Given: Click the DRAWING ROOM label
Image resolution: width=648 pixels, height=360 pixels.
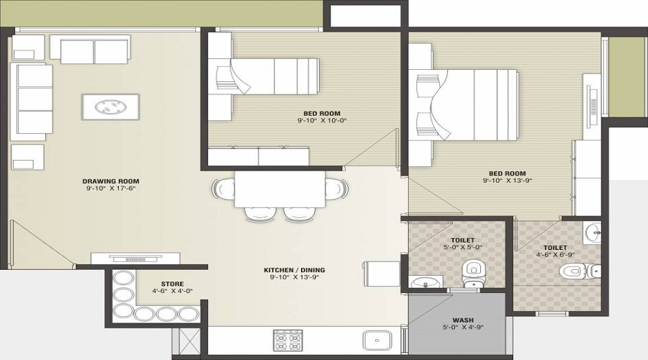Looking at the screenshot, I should [x=110, y=181].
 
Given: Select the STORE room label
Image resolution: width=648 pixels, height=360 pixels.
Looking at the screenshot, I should [x=172, y=284].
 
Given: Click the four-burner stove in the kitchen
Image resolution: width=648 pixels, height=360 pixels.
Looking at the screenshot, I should [x=288, y=340].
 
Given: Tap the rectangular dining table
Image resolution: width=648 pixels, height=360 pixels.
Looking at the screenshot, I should [x=280, y=189].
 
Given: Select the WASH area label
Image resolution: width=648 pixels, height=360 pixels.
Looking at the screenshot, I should [x=462, y=320].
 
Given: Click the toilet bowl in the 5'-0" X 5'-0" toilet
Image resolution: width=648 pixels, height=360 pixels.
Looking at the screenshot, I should [x=472, y=269].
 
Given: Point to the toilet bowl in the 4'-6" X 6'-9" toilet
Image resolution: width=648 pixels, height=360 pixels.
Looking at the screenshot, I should [x=572, y=271].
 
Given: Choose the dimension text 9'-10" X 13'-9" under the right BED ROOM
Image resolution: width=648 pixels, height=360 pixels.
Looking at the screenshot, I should [x=508, y=181].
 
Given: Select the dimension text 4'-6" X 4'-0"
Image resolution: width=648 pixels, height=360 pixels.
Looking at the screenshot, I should [x=172, y=292].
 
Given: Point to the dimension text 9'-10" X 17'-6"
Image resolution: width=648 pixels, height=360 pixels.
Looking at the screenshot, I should [x=110, y=189].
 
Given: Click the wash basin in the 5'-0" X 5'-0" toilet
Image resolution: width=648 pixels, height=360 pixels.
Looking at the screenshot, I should [x=421, y=282].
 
